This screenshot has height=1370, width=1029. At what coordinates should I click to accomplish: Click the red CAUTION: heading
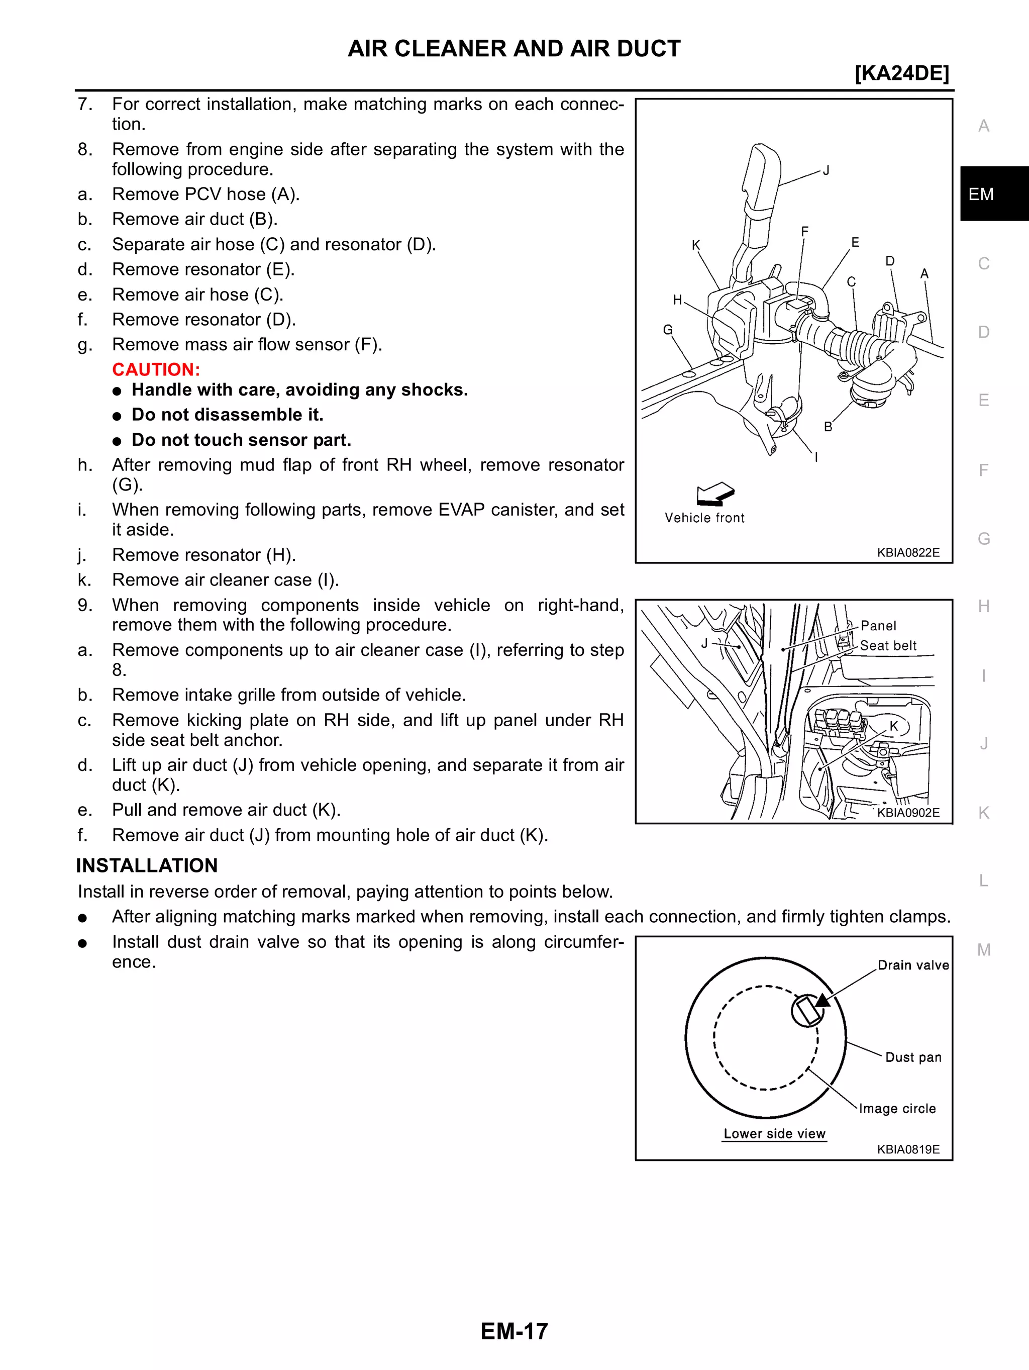156,370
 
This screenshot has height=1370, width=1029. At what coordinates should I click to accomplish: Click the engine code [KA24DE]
901,73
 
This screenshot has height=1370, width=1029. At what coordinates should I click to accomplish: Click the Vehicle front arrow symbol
714,494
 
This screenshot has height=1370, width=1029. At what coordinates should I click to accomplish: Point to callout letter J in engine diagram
826,170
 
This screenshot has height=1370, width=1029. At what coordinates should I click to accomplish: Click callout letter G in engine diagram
667,330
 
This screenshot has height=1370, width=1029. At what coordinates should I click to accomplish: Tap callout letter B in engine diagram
828,427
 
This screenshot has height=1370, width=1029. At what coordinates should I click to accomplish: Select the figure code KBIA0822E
907,552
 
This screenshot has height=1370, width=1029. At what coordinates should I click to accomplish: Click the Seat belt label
888,645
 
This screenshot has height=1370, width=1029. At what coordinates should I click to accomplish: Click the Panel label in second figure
878,626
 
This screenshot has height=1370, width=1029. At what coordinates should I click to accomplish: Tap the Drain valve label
912,965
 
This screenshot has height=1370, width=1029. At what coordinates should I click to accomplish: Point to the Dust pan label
912,1057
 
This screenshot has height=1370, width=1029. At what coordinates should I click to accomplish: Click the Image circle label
897,1109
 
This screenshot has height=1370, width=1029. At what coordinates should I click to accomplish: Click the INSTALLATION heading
147,865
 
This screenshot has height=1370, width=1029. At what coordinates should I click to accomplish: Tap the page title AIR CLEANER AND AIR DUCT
514,48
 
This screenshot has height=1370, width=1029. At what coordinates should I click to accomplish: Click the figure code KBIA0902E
907,813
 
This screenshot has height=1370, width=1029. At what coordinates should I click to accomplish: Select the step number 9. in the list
85,605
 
